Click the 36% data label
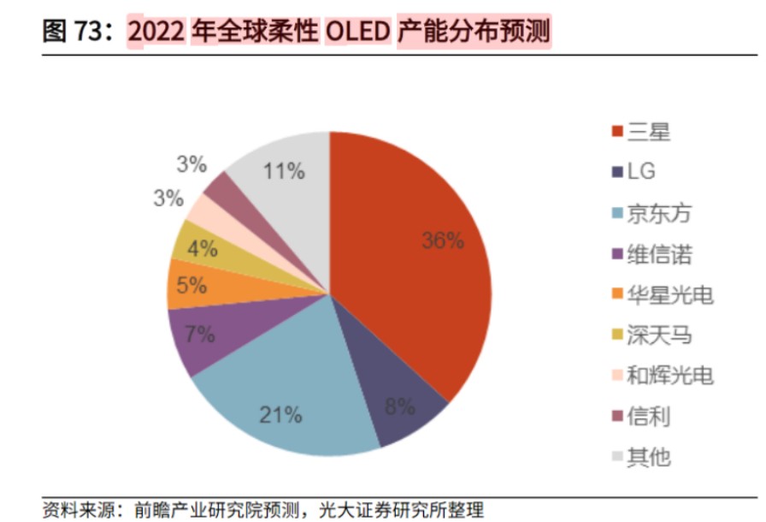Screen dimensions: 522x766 pos(443,240)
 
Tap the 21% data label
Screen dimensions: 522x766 pos(281,416)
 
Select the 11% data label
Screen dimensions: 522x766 pos(284,171)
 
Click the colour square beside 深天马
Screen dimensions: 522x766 pos(617,335)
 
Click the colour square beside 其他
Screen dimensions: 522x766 pos(617,458)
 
